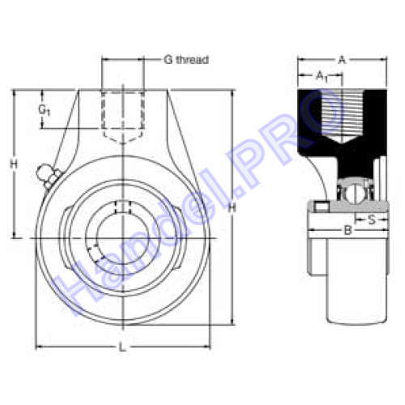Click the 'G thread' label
[186, 60]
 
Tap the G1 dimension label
[44, 110]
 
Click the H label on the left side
[14, 164]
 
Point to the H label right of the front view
[232, 208]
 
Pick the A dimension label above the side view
[342, 60]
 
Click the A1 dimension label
[322, 76]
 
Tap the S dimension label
[372, 220]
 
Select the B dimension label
[348, 230]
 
